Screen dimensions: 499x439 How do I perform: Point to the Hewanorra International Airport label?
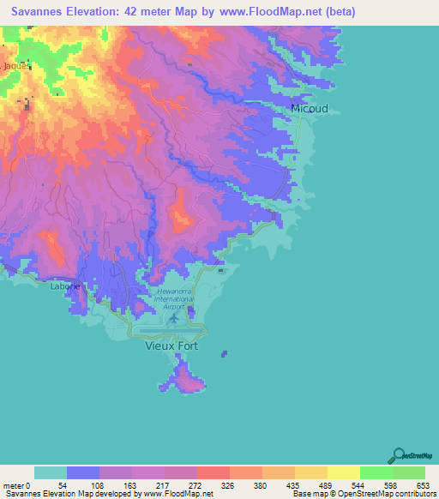[176, 300]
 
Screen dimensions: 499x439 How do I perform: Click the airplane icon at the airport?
[175, 318]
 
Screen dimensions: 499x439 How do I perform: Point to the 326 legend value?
[229, 485]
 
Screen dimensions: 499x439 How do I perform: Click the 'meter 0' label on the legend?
[19, 485]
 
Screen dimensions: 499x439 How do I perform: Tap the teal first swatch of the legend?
[50, 472]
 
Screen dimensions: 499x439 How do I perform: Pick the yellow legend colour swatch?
[343, 472]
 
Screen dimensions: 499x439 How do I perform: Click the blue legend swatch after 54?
[83, 472]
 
